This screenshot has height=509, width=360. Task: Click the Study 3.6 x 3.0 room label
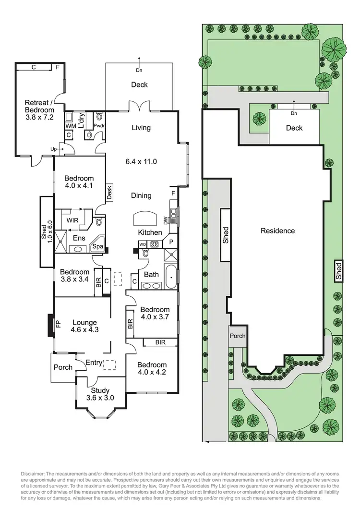(x=98, y=394)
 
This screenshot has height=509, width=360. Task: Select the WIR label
(x=72, y=220)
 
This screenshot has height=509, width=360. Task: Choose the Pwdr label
(x=99, y=126)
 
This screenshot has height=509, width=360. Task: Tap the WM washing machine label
(x=70, y=126)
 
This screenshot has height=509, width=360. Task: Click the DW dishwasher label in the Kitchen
(x=166, y=221)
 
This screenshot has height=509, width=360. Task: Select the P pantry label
(x=171, y=242)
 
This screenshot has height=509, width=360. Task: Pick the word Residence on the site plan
(x=277, y=230)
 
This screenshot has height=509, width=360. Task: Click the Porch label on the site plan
(x=238, y=337)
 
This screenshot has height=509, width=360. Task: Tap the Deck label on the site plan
(x=294, y=128)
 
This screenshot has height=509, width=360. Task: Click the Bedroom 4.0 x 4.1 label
(x=79, y=182)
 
